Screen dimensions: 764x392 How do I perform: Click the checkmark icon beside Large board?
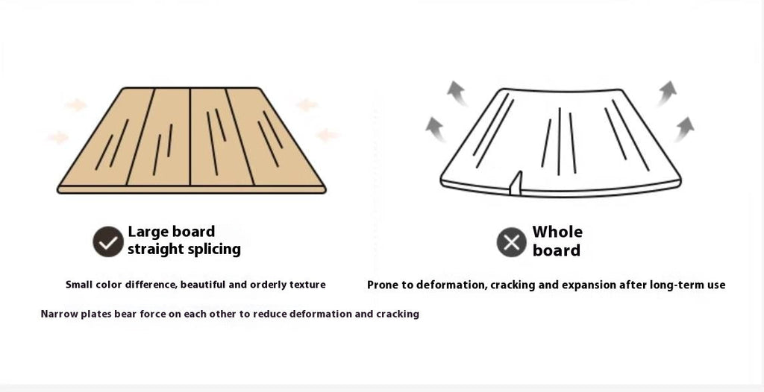coord(108,241)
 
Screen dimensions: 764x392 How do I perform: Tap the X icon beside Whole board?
coord(512,242)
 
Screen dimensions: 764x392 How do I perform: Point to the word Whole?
coord(557,231)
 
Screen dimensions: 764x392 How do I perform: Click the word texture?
coord(307,285)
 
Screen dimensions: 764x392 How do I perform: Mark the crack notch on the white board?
coord(516,183)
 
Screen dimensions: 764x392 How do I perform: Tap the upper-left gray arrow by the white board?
coord(457,93)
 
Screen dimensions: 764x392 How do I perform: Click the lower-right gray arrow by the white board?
coord(684,129)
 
